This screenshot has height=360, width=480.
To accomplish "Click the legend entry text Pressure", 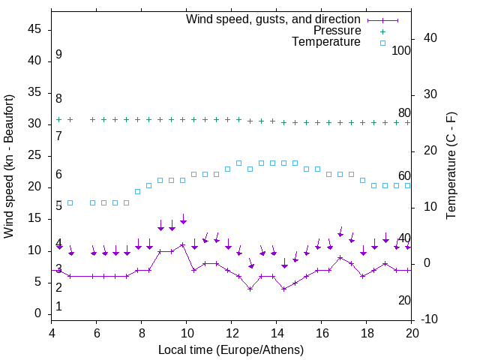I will (x=337, y=31).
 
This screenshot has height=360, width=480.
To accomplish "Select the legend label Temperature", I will (x=326, y=42).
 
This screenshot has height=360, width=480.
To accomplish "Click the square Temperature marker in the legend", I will (x=382, y=43).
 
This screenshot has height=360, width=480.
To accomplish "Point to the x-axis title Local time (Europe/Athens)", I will (x=231, y=349).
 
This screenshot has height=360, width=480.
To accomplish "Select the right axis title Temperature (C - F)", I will (x=451, y=166).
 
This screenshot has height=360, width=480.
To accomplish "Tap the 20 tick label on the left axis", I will (x=35, y=187).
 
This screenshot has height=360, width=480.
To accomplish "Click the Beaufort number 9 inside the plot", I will (x=58, y=55).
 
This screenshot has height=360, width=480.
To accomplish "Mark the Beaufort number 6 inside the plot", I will (x=58, y=175).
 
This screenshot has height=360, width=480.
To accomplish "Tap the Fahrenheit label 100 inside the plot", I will (x=401, y=50).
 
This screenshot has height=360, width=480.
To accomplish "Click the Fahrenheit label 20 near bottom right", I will (x=404, y=300).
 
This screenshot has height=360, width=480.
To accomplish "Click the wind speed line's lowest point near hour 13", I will (x=250, y=289).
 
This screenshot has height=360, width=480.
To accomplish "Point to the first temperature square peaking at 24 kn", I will (x=239, y=163).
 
